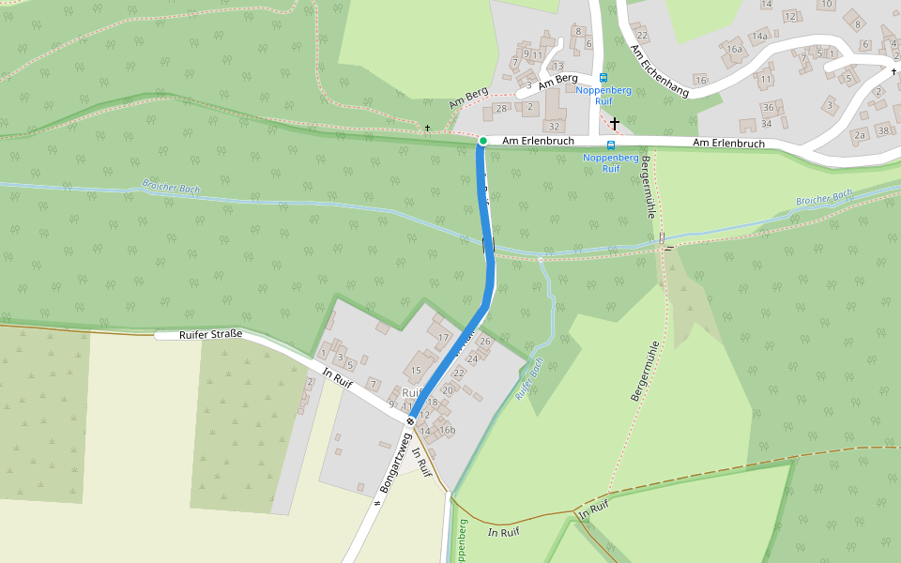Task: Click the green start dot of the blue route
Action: (482, 141)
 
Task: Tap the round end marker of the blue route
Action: (410, 421)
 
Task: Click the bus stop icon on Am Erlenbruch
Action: (611, 145)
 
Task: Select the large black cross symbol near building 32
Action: (615, 123)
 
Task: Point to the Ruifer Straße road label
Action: (211, 335)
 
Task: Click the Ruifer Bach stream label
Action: (529, 381)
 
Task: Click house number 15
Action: (415, 372)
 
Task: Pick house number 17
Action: (443, 337)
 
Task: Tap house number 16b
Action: (448, 431)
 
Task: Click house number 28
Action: (501, 108)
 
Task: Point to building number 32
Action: (554, 126)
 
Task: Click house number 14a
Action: (758, 37)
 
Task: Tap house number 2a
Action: (859, 135)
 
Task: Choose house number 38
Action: (883, 129)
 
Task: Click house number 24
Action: (472, 358)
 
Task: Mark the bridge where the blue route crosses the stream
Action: (488, 246)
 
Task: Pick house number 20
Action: (447, 390)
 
